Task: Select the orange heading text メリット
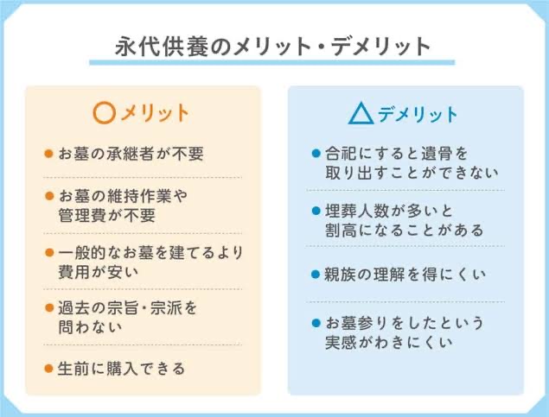click(155, 113)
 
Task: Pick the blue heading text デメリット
click(418, 114)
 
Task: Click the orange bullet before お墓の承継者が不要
click(48, 154)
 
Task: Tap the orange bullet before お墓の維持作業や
click(49, 196)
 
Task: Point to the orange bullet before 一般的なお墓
click(49, 252)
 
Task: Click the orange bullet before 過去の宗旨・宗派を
click(49, 308)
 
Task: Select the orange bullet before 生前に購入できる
click(48, 369)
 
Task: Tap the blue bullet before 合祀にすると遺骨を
click(316, 154)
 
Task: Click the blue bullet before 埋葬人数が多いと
click(316, 211)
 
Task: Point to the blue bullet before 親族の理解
click(316, 275)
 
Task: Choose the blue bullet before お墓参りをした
click(316, 323)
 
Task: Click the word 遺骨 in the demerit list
click(436, 154)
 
